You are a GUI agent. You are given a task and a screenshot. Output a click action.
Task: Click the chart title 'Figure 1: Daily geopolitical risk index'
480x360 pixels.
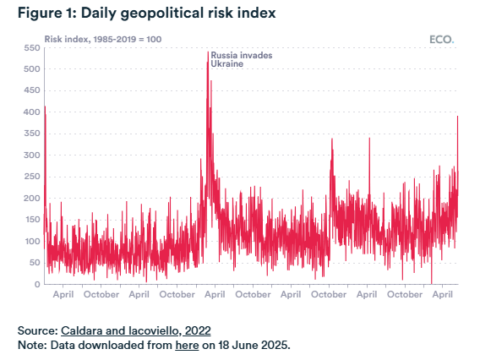tap(147, 14)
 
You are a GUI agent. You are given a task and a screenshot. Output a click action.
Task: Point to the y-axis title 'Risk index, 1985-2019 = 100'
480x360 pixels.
tap(103, 39)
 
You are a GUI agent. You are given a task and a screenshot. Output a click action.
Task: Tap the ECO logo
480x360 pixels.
tap(442, 40)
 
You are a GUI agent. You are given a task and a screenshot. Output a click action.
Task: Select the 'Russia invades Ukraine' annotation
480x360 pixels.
tap(241, 59)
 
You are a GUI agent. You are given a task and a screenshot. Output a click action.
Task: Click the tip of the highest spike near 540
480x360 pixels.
tap(208, 52)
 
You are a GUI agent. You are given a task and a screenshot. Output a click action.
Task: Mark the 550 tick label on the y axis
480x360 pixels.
tap(32, 48)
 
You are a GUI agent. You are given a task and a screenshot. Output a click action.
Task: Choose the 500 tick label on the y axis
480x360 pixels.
tap(32, 69)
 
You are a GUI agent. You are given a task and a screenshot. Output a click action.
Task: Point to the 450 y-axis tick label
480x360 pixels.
tap(32, 90)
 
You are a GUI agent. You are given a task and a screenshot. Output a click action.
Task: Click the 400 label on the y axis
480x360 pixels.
tap(32, 112)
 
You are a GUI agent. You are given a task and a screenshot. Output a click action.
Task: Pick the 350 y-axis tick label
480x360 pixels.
tap(32, 134)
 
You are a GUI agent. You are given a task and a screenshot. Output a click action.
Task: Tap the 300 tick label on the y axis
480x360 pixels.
tap(32, 155)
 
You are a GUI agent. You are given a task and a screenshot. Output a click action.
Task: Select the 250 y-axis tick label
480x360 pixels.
tap(32, 177)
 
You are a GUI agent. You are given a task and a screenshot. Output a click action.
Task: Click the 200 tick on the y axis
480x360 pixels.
tap(32, 199)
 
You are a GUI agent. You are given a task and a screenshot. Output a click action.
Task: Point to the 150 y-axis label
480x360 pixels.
tap(32, 220)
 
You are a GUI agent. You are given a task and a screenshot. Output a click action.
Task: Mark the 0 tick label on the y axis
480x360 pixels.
tap(37, 285)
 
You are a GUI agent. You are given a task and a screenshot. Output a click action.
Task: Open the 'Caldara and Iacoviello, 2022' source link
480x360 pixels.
tap(135, 331)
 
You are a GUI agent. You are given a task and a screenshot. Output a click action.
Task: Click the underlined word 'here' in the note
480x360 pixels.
tap(187, 346)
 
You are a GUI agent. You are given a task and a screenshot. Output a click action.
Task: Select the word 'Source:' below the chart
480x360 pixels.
tap(38, 331)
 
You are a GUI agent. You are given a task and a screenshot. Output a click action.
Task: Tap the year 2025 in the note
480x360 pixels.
tap(275, 346)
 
